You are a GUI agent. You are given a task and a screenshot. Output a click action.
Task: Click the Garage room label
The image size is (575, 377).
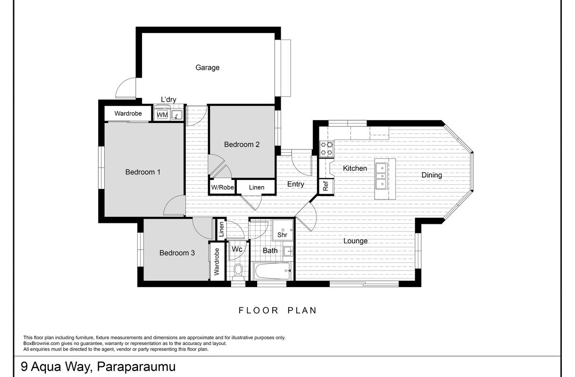tap(208, 67)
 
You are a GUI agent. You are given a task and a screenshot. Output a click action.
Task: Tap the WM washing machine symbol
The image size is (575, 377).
tap(162, 115)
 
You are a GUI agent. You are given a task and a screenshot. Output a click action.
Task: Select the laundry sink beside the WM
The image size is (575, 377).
tap(177, 115)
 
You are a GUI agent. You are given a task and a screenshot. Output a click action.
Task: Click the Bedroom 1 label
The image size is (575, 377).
tap(143, 172)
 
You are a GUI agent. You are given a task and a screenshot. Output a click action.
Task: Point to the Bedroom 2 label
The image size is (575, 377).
tap(242, 144)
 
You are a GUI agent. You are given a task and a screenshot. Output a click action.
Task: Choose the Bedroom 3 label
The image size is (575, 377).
tap(177, 253)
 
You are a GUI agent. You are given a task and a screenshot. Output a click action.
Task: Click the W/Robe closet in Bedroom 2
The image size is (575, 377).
tap(222, 187)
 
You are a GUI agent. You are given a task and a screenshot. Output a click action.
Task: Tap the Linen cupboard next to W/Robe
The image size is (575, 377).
tap(257, 187)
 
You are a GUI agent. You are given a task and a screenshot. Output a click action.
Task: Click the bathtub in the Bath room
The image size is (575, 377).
tap(272, 271)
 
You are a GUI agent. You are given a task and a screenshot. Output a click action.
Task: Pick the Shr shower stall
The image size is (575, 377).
tap(283, 230)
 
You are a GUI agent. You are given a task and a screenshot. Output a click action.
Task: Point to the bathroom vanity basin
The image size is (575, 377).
tap(288, 251)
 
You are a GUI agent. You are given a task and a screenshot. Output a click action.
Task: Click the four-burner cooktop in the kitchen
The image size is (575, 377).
tap(326, 149)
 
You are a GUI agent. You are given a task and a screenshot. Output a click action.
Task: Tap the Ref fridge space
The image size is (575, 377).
tap(326, 186)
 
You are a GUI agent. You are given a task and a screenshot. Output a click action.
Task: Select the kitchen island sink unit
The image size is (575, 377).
tap(382, 176)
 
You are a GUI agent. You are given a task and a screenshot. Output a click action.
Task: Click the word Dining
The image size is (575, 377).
tap(432, 175)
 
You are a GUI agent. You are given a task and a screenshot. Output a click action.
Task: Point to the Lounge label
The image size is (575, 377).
tap(356, 241)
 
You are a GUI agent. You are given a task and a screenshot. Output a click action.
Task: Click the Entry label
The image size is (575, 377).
tap(296, 184)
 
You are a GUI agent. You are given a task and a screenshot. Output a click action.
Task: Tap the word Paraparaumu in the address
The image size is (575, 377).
tap(136, 367)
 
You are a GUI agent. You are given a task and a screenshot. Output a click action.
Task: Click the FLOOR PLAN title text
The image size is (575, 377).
tap(278, 311)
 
